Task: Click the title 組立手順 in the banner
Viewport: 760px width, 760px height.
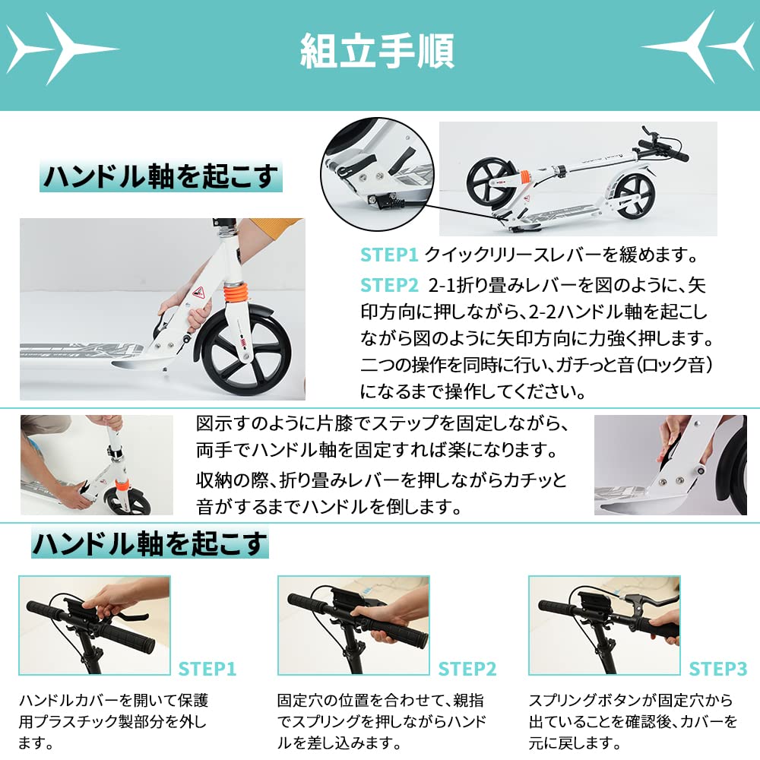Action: coord(378,52)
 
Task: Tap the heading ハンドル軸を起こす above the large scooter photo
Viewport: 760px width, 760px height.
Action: coord(160,176)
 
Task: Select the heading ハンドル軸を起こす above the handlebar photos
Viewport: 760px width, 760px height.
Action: coord(150,543)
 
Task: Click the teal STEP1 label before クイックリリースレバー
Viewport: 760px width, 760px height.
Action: coord(389,255)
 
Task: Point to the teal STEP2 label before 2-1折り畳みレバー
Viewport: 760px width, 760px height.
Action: coord(389,285)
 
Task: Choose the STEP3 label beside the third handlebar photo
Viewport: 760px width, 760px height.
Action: coord(718,669)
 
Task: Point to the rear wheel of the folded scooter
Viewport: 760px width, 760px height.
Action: coord(632,195)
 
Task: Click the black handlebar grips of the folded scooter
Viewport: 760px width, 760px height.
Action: coord(663,149)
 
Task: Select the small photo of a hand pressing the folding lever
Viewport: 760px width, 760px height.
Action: coord(670,465)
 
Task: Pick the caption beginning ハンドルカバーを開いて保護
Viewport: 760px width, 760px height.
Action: coord(114,720)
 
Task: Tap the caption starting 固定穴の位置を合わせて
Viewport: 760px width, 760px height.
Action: coord(380,720)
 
